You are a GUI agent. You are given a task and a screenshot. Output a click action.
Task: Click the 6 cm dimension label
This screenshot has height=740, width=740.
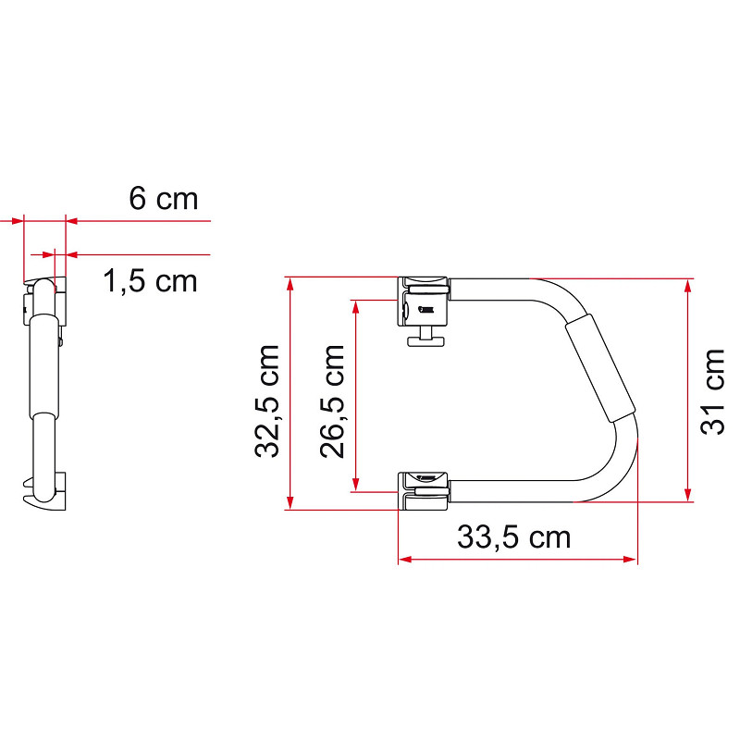(164, 199)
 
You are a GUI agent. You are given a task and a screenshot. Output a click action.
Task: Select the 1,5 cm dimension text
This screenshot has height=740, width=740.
(150, 281)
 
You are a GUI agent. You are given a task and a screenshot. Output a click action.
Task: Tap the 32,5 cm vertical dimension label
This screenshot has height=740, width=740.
(267, 401)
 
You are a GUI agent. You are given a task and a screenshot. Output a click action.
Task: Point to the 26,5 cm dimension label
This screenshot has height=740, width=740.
(332, 401)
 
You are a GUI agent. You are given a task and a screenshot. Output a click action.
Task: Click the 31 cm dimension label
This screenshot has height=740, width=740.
(712, 391)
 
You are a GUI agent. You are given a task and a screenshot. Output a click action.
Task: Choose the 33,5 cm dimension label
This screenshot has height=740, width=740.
(514, 537)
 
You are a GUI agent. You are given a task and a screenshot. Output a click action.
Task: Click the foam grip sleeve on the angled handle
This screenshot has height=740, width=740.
(600, 367)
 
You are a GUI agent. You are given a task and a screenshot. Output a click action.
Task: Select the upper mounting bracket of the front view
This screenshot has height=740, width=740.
(423, 302)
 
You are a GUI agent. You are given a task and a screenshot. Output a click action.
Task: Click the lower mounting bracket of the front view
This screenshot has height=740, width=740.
(423, 491)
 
